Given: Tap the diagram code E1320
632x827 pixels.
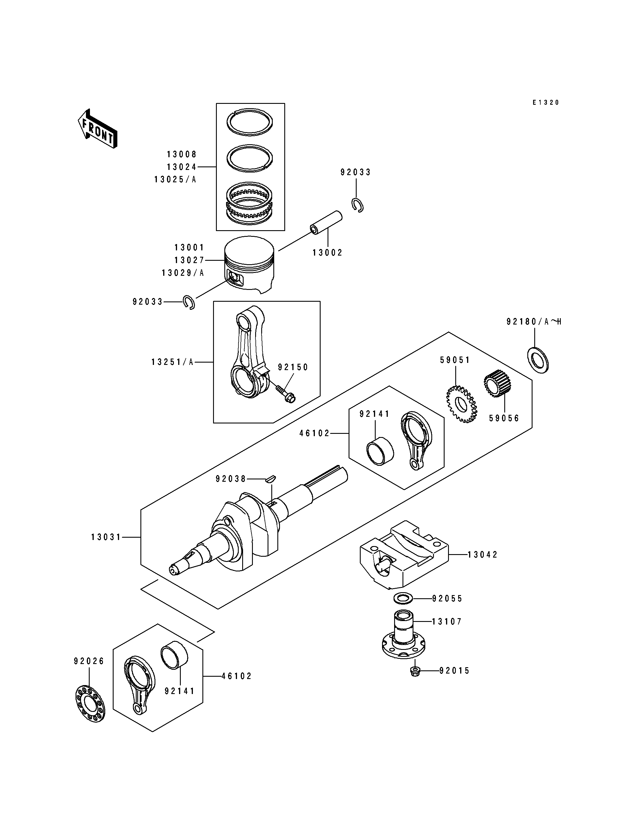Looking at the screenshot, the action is coord(546,102).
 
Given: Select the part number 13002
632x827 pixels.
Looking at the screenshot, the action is coord(328,253).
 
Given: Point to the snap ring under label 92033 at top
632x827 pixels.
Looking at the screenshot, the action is coord(358,205).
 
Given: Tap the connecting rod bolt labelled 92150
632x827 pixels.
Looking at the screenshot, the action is coord(286,392).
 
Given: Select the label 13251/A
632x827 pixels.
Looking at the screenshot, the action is coord(172,362).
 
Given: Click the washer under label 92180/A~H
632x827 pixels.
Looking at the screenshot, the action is coord(538,360).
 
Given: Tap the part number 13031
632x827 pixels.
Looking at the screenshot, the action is coord(106,537).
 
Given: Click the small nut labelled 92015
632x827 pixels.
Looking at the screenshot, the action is coord(415,670).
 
